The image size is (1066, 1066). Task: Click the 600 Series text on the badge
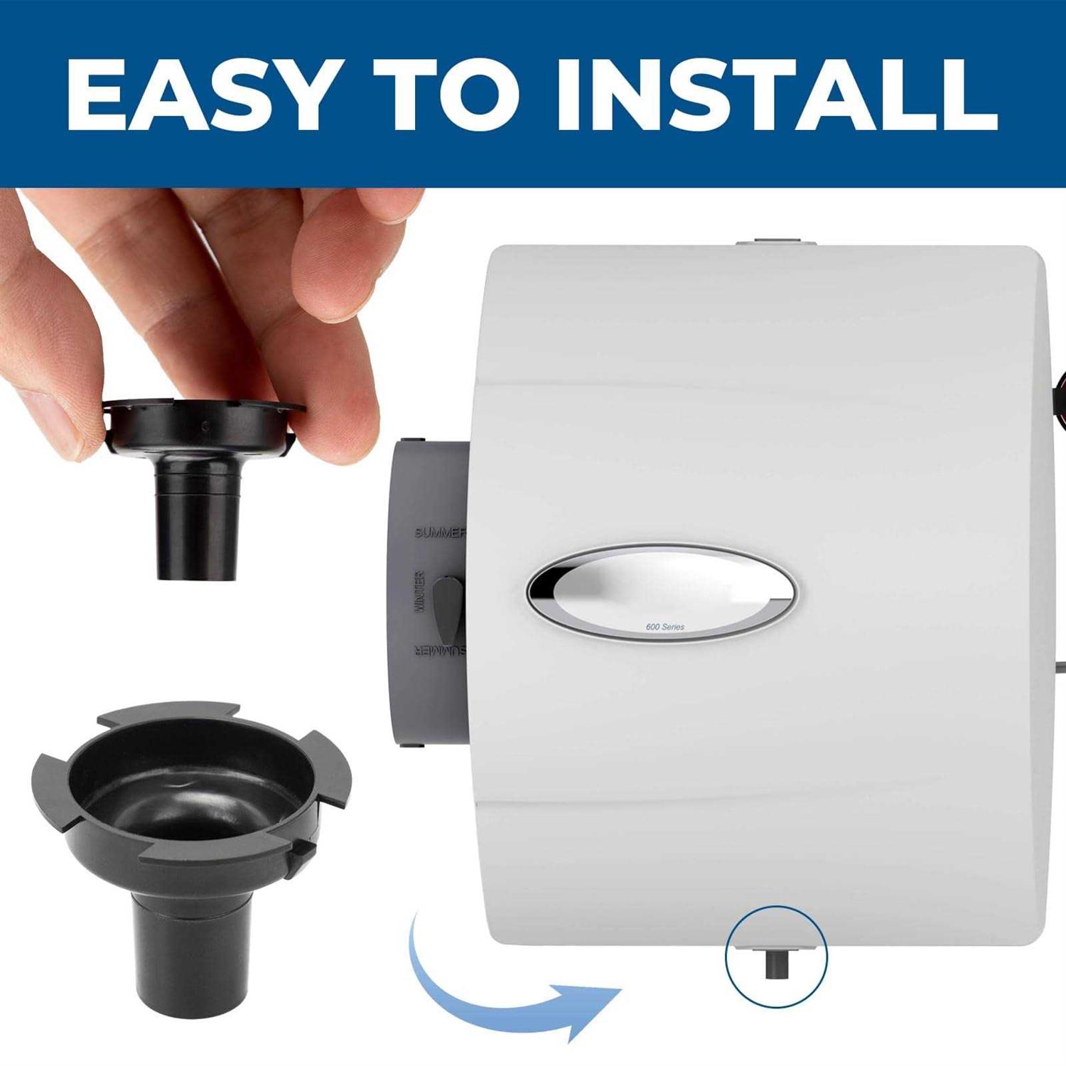point(665,627)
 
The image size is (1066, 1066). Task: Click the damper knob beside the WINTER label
point(447,610)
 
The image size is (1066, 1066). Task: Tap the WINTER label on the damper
point(419,591)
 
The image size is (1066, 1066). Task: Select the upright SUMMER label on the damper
point(440,533)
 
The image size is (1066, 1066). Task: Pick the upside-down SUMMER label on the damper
point(440,652)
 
